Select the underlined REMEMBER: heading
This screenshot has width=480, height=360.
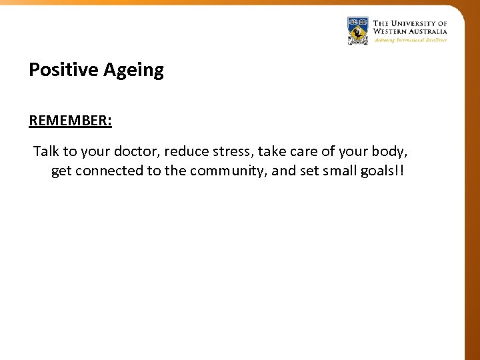pyautogui.click(x=70, y=121)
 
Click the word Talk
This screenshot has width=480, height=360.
pyautogui.click(x=46, y=151)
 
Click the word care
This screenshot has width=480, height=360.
pyautogui.click(x=305, y=151)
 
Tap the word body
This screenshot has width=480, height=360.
pyautogui.click(x=388, y=151)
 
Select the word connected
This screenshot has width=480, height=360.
pyautogui.click(x=109, y=171)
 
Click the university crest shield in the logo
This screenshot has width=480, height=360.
pyautogui.click(x=358, y=31)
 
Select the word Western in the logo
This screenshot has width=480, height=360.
pyautogui.click(x=393, y=31)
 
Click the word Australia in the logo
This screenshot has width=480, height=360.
pyautogui.click(x=430, y=31)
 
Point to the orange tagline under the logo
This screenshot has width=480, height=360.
pyautogui.click(x=410, y=39)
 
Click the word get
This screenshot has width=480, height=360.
pyautogui.click(x=61, y=171)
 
